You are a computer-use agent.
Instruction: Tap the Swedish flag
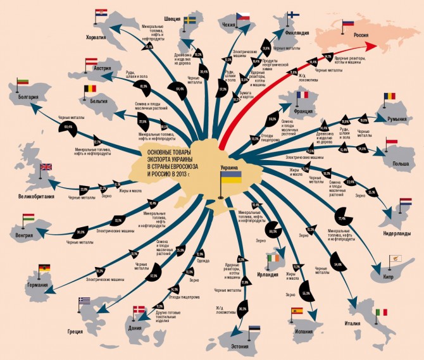pyautogui.click(x=190, y=20)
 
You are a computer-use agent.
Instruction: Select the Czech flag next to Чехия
pyautogui.click(x=244, y=16)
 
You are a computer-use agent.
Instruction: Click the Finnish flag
pyautogui.click(x=294, y=16)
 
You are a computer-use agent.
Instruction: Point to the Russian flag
pyautogui.click(x=348, y=23)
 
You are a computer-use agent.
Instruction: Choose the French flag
pyautogui.click(x=301, y=95)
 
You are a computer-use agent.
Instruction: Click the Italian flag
pyautogui.click(x=381, y=313)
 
